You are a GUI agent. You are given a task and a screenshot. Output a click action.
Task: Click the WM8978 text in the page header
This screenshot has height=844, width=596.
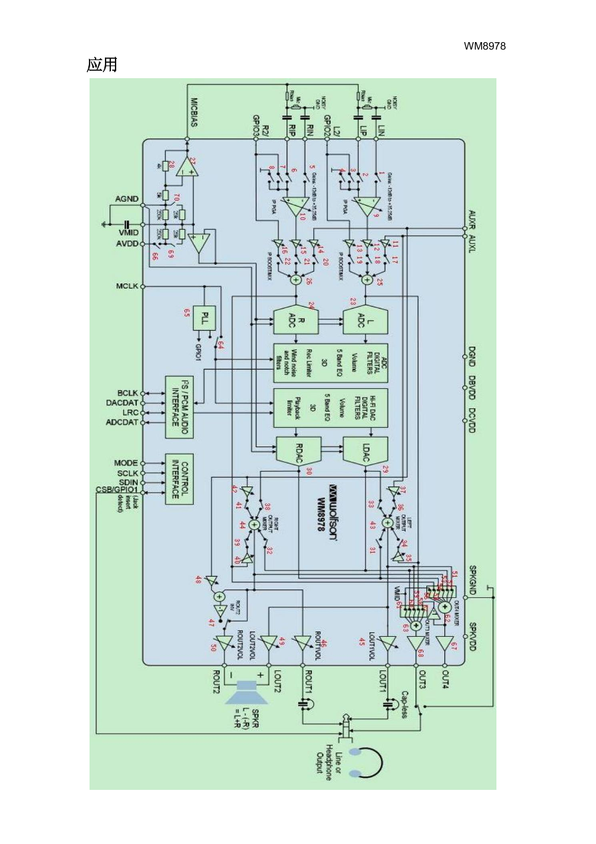(485, 46)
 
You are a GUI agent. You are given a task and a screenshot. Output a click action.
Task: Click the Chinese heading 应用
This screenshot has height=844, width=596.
(102, 65)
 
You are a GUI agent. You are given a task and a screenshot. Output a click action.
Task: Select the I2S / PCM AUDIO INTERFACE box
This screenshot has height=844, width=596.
(179, 407)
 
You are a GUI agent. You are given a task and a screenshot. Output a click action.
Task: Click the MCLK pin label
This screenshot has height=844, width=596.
(127, 287)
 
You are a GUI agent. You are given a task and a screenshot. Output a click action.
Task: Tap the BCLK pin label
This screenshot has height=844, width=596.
(127, 393)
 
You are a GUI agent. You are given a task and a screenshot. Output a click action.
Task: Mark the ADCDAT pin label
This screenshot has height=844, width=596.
(122, 422)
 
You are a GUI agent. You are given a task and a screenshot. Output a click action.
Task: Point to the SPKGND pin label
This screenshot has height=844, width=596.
(472, 579)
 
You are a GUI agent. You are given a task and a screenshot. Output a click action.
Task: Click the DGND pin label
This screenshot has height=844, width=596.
(472, 358)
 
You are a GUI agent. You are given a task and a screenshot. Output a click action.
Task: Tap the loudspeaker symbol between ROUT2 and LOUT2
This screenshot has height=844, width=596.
(247, 692)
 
